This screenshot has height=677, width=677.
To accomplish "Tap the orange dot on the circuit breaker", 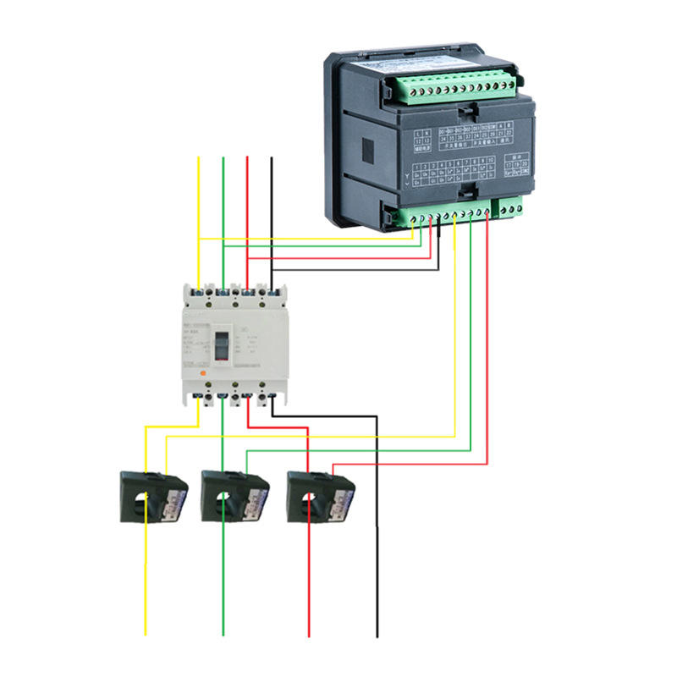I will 201,370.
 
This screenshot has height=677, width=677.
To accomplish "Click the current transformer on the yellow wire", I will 151,498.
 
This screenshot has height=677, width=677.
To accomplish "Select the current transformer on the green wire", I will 234,498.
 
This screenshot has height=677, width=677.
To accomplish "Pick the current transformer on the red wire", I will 321,498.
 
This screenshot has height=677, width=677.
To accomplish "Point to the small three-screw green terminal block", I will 510,206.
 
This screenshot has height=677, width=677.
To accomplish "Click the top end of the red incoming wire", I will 247,157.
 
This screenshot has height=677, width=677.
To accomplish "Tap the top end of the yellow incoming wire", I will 198,157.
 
